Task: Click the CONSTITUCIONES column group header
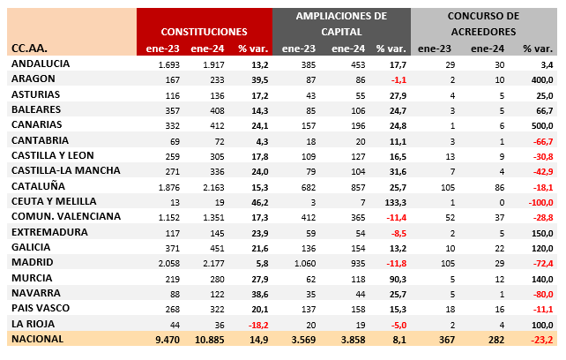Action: tap(204, 32)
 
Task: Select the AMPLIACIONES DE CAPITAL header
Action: tap(341, 24)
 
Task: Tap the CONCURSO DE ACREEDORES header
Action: tap(483, 24)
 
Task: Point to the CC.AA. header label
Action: tap(29, 48)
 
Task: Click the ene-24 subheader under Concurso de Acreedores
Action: tap(488, 49)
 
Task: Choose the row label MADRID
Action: tap(33, 262)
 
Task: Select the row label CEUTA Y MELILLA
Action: tap(54, 201)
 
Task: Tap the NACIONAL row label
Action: tap(38, 339)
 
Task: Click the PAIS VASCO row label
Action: tap(41, 308)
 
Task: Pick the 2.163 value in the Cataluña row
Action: tap(213, 188)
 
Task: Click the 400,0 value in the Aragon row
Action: tap(542, 80)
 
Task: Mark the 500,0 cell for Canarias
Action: tap(542, 126)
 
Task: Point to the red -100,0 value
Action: tap(540, 202)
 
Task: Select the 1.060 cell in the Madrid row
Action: tap(305, 264)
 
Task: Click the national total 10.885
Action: tap(210, 340)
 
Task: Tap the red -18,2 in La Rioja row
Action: tap(258, 325)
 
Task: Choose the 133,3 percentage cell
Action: tap(396, 202)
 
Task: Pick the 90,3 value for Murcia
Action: tap(398, 280)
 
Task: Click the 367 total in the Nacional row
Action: tap(447, 340)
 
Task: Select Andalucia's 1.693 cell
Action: tap(169, 65)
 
